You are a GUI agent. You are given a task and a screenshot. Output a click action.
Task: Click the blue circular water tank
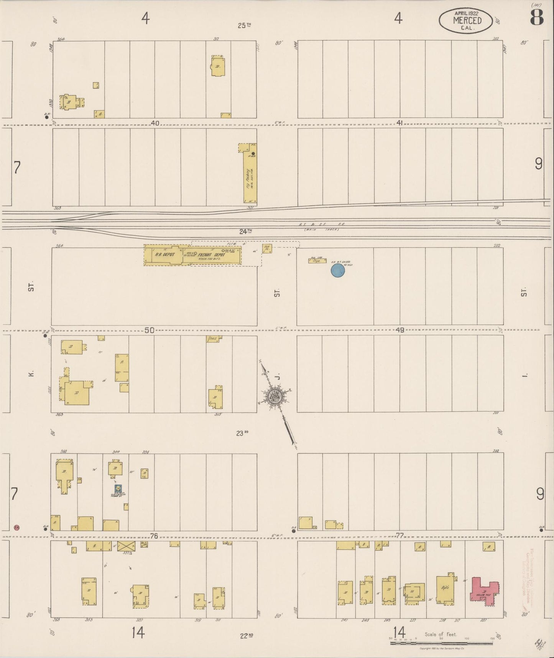(338, 271)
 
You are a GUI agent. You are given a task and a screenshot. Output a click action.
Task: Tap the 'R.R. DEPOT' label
(165, 254)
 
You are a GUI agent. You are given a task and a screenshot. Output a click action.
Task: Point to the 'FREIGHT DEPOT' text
(211, 255)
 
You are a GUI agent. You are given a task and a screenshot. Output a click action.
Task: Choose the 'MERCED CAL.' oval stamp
(465, 20)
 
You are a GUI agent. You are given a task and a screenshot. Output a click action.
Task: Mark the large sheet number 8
(537, 17)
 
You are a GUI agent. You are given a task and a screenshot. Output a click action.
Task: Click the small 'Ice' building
(267, 248)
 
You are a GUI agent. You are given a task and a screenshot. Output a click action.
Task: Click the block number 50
(150, 330)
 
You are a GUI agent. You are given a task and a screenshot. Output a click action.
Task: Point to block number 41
(399, 123)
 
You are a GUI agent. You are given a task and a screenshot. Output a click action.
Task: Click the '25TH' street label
(244, 26)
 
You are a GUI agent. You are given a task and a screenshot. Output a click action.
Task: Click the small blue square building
(118, 489)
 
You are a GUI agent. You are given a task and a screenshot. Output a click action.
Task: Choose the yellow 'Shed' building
(213, 339)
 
